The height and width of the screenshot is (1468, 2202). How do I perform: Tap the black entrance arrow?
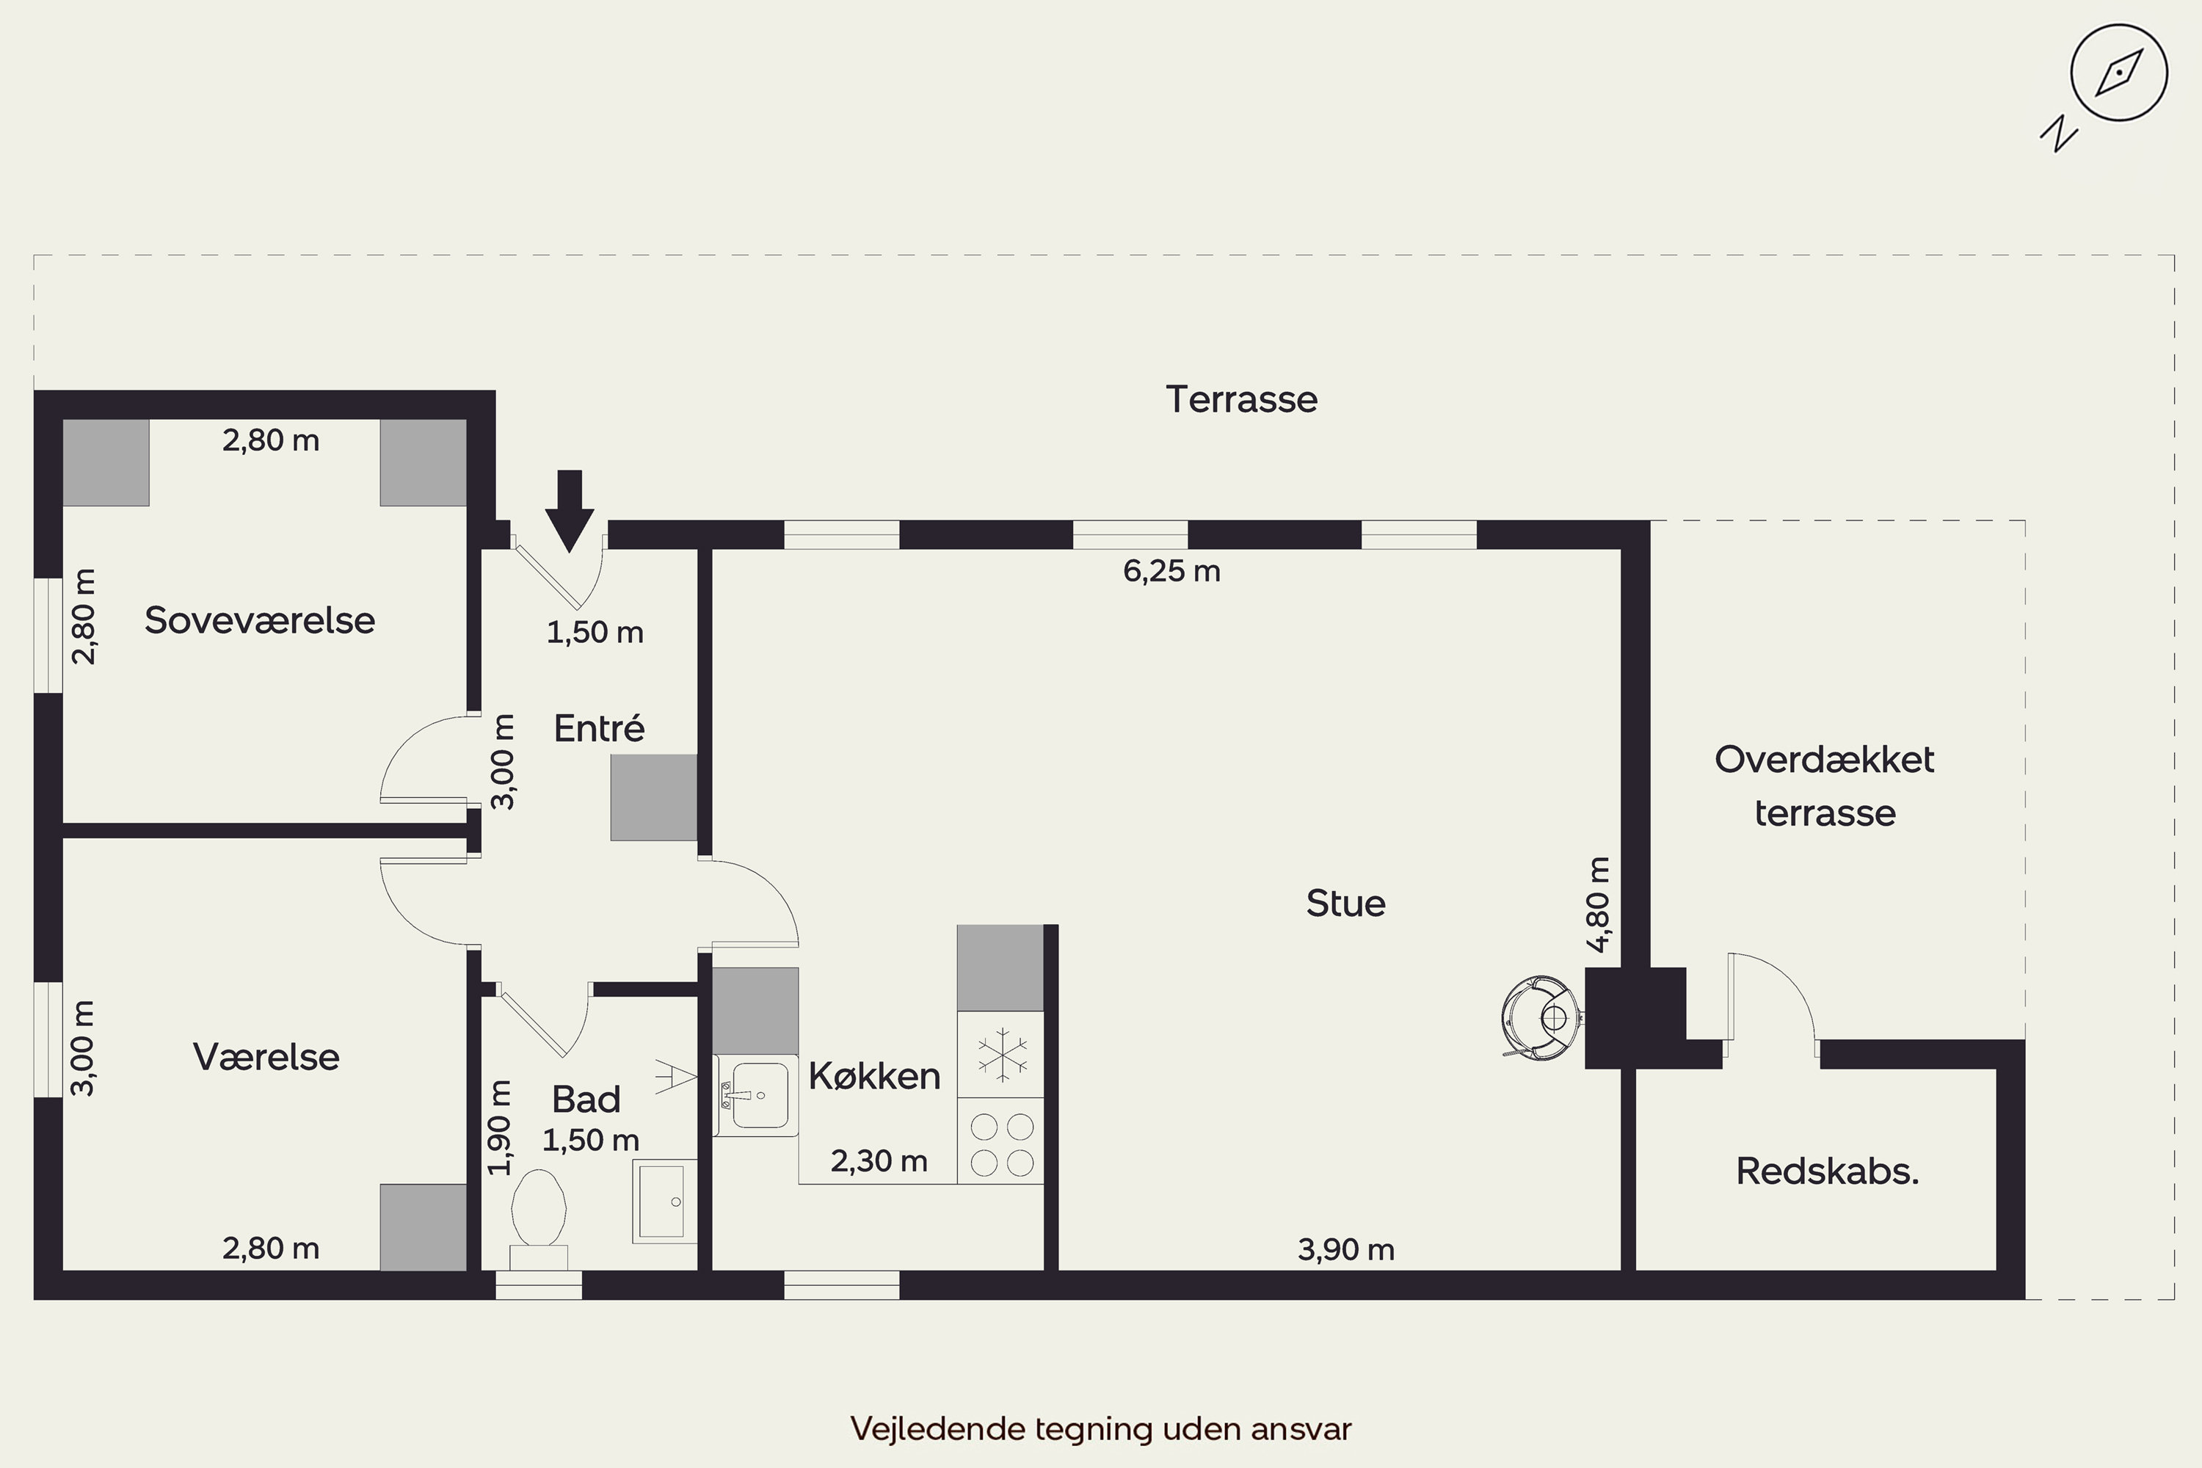coord(570,510)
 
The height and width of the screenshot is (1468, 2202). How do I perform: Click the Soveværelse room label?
coord(259,621)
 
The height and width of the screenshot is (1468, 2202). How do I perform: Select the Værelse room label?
coord(266,1057)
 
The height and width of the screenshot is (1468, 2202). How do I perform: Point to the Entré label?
coord(599,727)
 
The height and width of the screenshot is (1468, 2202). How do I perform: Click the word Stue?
coord(1345,904)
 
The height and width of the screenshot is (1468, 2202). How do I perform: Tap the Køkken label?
coord(874,1076)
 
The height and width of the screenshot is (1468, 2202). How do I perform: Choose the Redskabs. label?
coord(1828,1171)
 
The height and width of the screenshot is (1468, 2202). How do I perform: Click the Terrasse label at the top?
coord(1241,400)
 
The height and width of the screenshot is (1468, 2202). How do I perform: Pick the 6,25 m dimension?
coord(1171,571)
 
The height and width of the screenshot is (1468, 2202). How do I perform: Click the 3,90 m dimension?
coord(1345,1249)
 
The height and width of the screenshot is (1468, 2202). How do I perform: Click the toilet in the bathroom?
coord(538,1218)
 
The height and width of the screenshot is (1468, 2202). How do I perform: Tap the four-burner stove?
coord(1001,1141)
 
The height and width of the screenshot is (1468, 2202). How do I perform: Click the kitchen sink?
coord(755,1095)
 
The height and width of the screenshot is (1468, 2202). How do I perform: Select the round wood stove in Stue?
coord(1540,1017)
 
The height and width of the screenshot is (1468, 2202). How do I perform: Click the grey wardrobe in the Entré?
coord(653,798)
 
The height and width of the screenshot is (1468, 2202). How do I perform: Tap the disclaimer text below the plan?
coord(1101,1428)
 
